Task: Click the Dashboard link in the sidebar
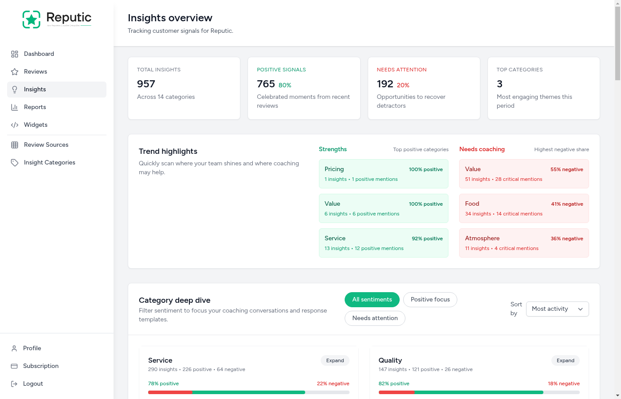pyautogui.click(x=39, y=54)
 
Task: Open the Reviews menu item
pyautogui.click(x=35, y=72)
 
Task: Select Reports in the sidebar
pyautogui.click(x=35, y=107)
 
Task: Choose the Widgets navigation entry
pyautogui.click(x=35, y=125)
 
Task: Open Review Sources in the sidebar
pyautogui.click(x=46, y=145)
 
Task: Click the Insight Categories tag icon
pyautogui.click(x=15, y=163)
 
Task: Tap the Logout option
pyautogui.click(x=33, y=384)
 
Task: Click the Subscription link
pyautogui.click(x=40, y=366)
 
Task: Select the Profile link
pyautogui.click(x=32, y=348)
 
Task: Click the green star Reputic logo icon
pyautogui.click(x=31, y=20)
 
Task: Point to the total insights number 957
pyautogui.click(x=146, y=84)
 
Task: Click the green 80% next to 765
pyautogui.click(x=285, y=86)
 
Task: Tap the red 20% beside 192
pyautogui.click(x=403, y=86)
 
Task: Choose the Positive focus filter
pyautogui.click(x=430, y=300)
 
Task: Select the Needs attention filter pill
pyautogui.click(x=375, y=318)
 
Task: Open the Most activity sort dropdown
pyautogui.click(x=557, y=309)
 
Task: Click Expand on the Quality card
pyautogui.click(x=565, y=361)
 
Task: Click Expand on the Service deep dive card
pyautogui.click(x=335, y=361)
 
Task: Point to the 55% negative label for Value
pyautogui.click(x=566, y=169)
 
